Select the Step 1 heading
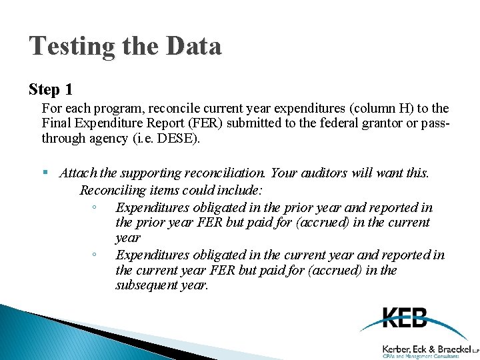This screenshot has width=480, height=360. (51, 89)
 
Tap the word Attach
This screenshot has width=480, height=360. (78, 173)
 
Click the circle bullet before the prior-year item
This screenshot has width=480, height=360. (95, 208)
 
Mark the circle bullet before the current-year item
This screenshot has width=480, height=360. (95, 255)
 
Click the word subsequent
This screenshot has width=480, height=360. (147, 285)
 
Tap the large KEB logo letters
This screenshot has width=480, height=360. (404, 318)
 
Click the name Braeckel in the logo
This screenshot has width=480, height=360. (451, 348)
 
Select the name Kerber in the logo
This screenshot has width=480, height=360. (397, 348)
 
